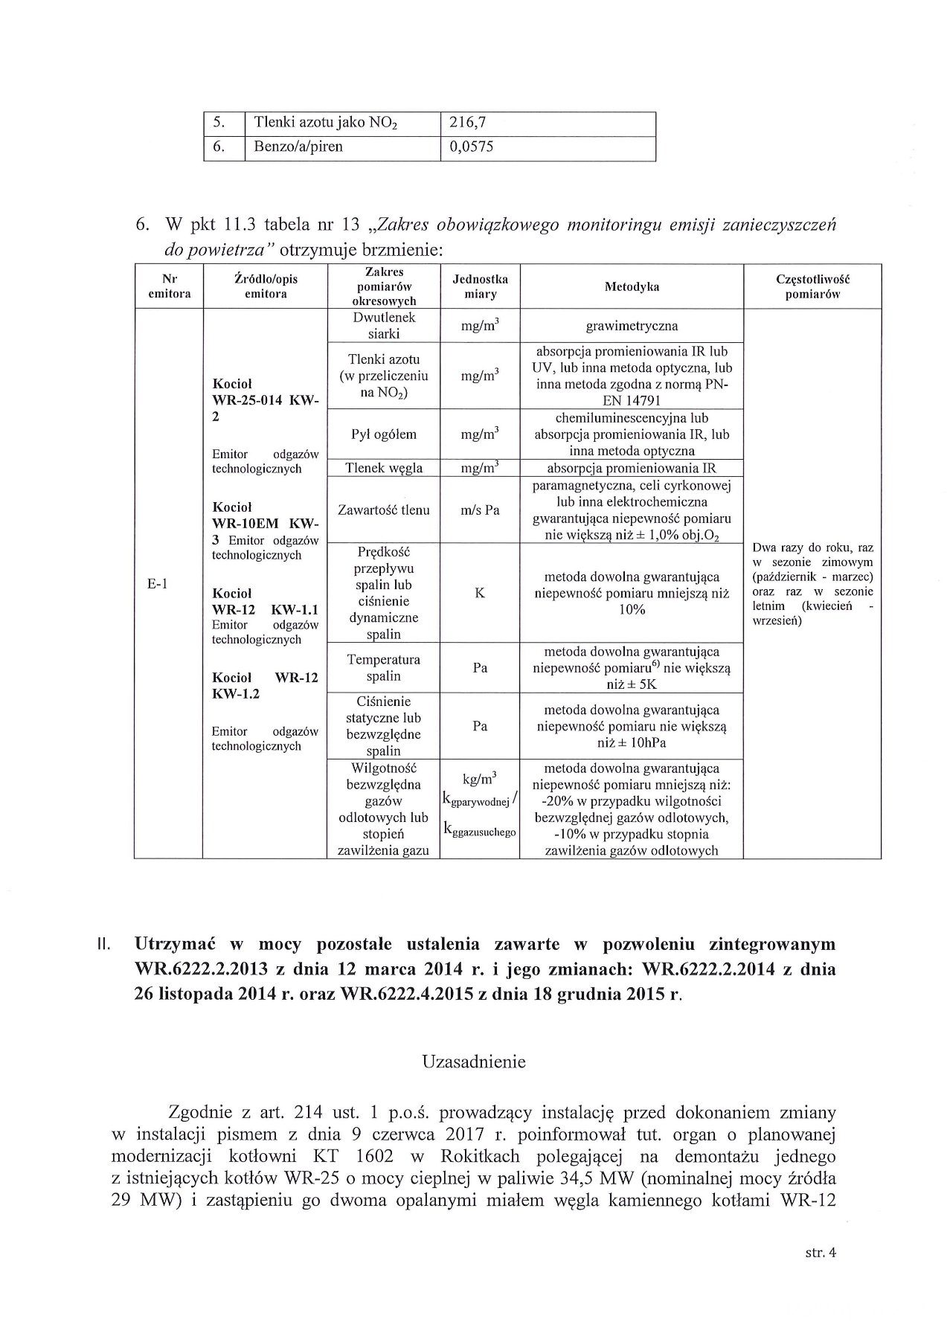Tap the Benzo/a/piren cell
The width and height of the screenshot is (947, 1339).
point(298,147)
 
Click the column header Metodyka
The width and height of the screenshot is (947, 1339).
point(632,287)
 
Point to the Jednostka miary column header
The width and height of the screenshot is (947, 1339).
point(480,286)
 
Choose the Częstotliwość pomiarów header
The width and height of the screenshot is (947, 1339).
point(812,286)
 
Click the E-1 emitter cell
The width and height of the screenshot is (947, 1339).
point(158,584)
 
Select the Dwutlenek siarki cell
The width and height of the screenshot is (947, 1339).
point(385,326)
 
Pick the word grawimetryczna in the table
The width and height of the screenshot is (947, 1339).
point(632,326)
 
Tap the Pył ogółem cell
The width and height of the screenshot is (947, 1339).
point(384,434)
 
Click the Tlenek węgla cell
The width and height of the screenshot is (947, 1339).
point(384,468)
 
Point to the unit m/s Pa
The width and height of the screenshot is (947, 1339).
point(480,510)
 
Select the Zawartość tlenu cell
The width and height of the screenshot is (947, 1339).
point(384,510)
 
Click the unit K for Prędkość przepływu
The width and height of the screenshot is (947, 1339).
point(480,594)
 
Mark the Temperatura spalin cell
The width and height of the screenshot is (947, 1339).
point(384,668)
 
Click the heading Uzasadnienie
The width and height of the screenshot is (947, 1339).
point(473,1062)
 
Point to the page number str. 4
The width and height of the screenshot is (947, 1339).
point(821,1253)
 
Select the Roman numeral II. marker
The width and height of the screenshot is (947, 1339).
point(104,945)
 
